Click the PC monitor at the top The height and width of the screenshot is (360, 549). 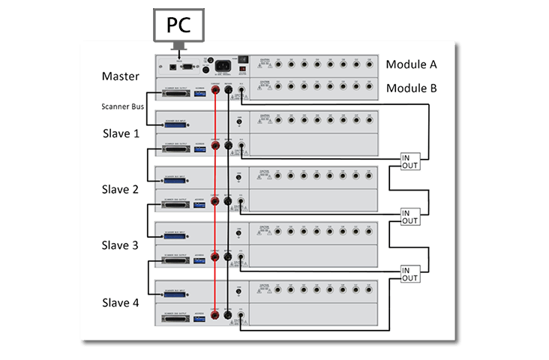[179, 26]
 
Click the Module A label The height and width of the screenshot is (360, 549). [412, 64]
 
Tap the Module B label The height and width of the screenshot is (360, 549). [412, 88]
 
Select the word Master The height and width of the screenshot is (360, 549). [121, 76]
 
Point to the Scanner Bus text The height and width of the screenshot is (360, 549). [122, 106]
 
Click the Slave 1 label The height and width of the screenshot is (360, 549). [121, 133]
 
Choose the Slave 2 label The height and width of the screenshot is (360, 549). [121, 190]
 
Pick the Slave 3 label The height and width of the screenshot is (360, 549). [121, 245]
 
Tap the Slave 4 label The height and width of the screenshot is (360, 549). [121, 303]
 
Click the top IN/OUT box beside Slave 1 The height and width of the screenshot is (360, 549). [410, 160]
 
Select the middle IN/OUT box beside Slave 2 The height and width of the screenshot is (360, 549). [410, 216]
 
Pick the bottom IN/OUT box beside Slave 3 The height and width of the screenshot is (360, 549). [410, 274]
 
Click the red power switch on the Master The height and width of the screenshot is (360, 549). [241, 72]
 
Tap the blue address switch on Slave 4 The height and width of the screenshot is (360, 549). [199, 317]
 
